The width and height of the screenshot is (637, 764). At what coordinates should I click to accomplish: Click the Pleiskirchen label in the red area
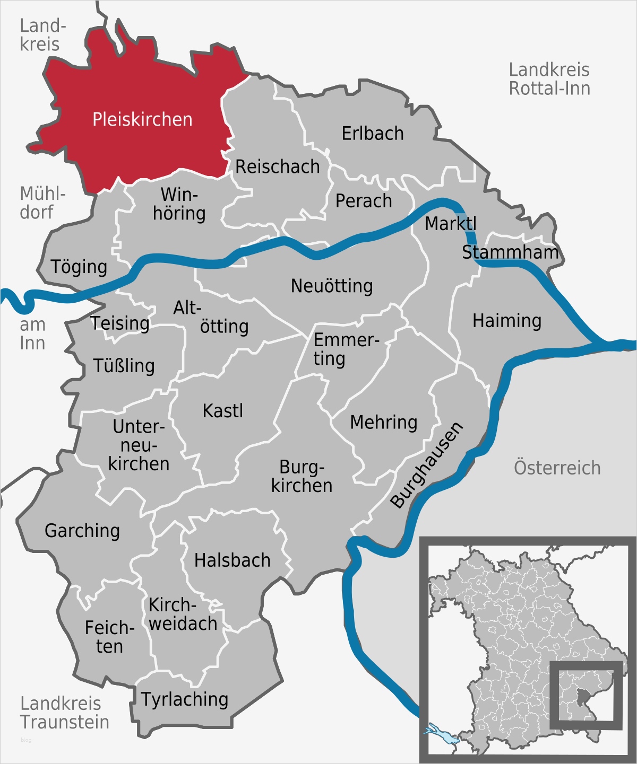[x=142, y=120]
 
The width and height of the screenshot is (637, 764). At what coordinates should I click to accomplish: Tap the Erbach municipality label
[x=373, y=134]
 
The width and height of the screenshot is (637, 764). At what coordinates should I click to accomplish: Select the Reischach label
[x=278, y=167]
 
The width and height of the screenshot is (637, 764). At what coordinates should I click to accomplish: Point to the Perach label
[x=364, y=201]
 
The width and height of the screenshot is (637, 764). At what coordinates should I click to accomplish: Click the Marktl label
[x=451, y=224]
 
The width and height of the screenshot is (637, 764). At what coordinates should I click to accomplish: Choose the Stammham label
[x=510, y=252]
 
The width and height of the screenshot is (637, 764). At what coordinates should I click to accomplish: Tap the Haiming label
[x=507, y=321]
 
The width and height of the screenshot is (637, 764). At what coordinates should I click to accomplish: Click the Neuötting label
[x=332, y=286]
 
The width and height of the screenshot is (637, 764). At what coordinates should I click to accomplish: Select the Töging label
[x=79, y=267]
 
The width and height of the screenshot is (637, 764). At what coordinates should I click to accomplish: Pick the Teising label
[x=120, y=323]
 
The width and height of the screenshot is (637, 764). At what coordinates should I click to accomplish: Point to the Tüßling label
[x=124, y=366]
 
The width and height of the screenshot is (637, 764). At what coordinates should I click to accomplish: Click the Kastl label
[x=223, y=411]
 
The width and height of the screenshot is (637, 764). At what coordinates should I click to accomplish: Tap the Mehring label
[x=384, y=423]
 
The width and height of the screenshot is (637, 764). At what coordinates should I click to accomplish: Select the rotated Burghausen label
[x=427, y=466]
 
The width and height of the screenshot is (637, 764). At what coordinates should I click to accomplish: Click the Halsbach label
[x=233, y=560]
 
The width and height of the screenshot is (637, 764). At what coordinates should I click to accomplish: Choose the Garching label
[x=82, y=531]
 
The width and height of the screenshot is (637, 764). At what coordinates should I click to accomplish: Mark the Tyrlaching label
[x=185, y=699]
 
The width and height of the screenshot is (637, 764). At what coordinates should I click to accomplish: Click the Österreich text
[x=557, y=468]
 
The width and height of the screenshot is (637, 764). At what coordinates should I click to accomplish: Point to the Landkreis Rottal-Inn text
[x=549, y=79]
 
